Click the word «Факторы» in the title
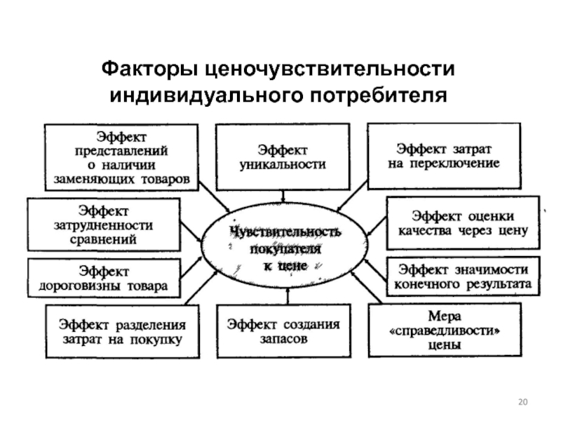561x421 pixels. (149, 69)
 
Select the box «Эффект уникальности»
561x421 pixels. (283, 156)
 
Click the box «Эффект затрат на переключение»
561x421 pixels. (444, 156)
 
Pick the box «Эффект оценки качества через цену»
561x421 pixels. (463, 222)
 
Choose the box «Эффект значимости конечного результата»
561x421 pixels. (463, 276)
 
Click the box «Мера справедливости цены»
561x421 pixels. (445, 330)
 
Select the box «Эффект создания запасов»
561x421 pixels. (284, 331)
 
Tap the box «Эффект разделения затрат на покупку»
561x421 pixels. (122, 331)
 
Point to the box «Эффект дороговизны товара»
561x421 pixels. (104, 279)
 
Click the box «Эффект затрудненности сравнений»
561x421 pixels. (103, 225)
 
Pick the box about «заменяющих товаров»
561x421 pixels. (121, 157)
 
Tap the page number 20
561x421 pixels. (522, 402)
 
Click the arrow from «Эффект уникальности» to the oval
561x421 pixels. (283, 196)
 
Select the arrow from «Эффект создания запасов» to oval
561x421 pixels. (288, 296)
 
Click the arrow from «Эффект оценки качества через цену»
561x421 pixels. (377, 226)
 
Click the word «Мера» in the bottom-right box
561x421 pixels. (445, 316)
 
